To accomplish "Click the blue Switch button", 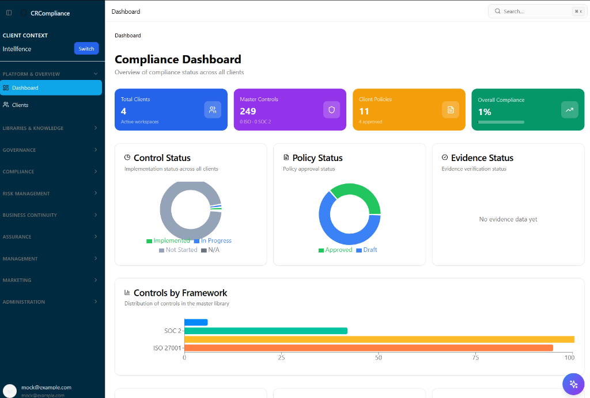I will [x=86, y=49].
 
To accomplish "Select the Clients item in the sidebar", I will [x=20, y=105].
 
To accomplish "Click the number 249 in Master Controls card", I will [x=248, y=111].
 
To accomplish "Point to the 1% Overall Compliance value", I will [x=485, y=112].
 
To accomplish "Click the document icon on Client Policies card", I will [x=451, y=110].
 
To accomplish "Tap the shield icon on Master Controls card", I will [x=331, y=110].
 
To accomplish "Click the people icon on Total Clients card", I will [x=213, y=110].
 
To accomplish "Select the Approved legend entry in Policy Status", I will [x=335, y=250].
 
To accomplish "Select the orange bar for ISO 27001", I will [x=368, y=348].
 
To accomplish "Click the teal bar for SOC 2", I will [x=266, y=331].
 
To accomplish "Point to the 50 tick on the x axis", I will [x=379, y=358].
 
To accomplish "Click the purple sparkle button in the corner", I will [x=573, y=384].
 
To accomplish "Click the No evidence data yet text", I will [x=508, y=220].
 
